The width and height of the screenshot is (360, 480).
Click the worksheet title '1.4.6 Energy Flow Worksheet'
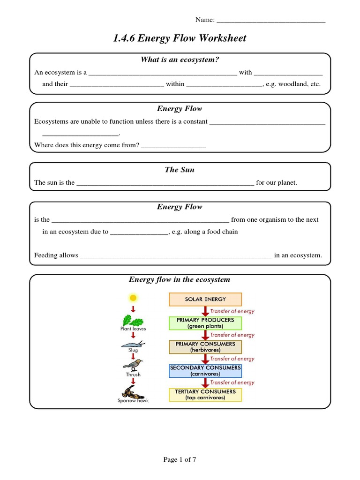[x=180, y=38]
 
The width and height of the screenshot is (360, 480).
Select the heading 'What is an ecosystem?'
[x=180, y=60]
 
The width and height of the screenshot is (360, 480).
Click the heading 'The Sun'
[x=180, y=170]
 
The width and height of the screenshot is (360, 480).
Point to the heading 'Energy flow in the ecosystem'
[x=180, y=280]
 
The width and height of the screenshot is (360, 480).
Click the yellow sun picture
[x=133, y=297]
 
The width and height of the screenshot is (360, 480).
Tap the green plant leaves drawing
[x=133, y=321]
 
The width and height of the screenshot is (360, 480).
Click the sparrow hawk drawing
[x=133, y=391]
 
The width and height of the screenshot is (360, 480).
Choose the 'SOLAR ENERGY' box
[x=205, y=299]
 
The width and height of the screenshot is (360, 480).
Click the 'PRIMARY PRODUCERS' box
[x=205, y=323]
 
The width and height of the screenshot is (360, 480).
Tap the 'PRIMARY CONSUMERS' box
[x=205, y=347]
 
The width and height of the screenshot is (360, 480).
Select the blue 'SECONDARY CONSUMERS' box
[x=205, y=371]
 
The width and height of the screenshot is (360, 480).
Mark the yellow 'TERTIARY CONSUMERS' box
[x=205, y=395]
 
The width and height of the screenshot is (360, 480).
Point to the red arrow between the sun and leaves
[x=133, y=308]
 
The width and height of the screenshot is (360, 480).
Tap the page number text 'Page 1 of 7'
[x=180, y=460]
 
